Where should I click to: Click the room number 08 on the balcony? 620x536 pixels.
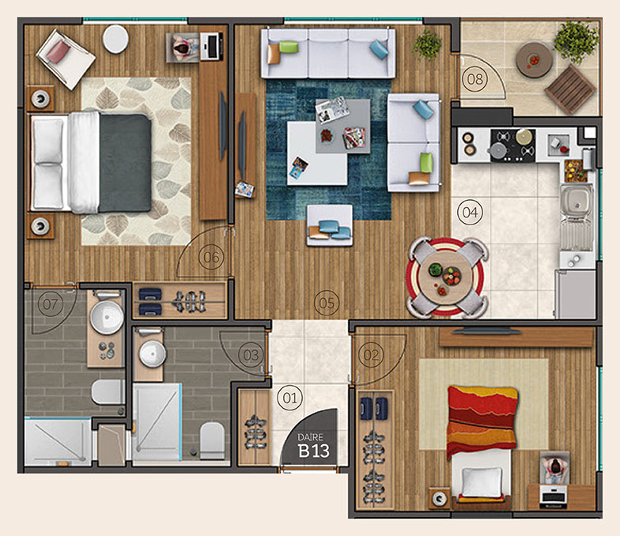coord(474,79)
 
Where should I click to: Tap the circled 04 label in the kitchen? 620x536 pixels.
coord(470,212)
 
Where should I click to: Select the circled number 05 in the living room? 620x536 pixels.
coord(327,303)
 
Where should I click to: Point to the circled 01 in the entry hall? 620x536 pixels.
coord(289,398)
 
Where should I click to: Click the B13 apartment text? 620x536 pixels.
coord(313,451)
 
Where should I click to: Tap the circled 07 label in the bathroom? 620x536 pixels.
coord(51,304)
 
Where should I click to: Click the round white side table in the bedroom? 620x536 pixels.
coord(115,39)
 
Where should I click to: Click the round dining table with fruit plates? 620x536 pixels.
coord(446,277)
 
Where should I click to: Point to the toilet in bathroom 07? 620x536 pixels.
coord(108,392)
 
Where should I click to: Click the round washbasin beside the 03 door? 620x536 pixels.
coord(152,354)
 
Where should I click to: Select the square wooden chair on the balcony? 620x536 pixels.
coord(571,89)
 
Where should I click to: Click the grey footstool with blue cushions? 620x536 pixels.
coord(330,225)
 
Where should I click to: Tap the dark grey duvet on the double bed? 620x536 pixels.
coord(125,163)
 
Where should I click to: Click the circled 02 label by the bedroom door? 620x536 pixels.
coord(371,355)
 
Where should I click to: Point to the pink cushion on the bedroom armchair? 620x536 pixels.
coord(59,52)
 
